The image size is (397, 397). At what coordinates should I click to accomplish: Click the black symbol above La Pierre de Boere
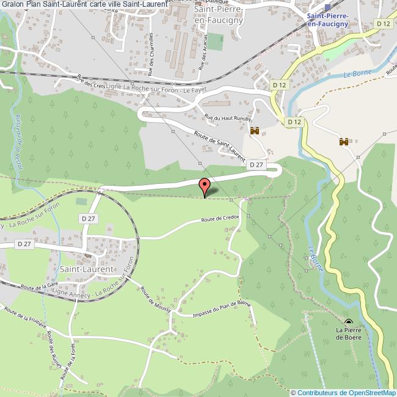pos(349,322)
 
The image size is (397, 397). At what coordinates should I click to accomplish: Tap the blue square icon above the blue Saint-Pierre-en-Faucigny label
pos(327,7)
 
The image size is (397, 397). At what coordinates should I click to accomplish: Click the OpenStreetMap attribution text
pos(343,393)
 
